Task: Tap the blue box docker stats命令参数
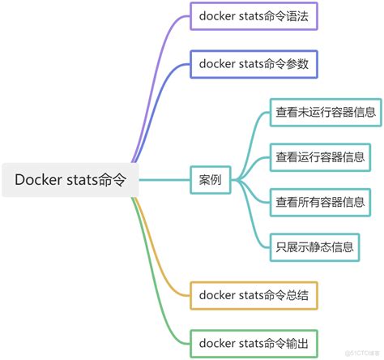(x=253, y=64)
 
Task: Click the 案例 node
(x=210, y=180)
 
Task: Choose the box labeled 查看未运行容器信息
(x=324, y=114)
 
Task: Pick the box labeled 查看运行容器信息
(x=318, y=157)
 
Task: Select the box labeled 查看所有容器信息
(x=318, y=202)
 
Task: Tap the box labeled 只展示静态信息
(x=314, y=246)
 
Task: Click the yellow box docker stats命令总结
(x=253, y=295)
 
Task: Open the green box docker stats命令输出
(x=253, y=341)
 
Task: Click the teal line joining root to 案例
(x=166, y=180)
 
